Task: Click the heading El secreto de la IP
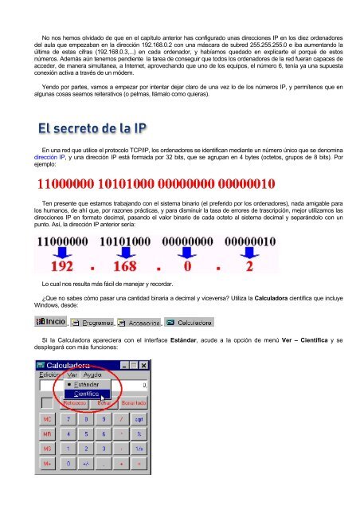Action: (93, 127)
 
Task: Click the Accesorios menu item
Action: (139, 324)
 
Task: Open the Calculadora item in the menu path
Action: (192, 324)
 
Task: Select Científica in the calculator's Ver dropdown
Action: (87, 393)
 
